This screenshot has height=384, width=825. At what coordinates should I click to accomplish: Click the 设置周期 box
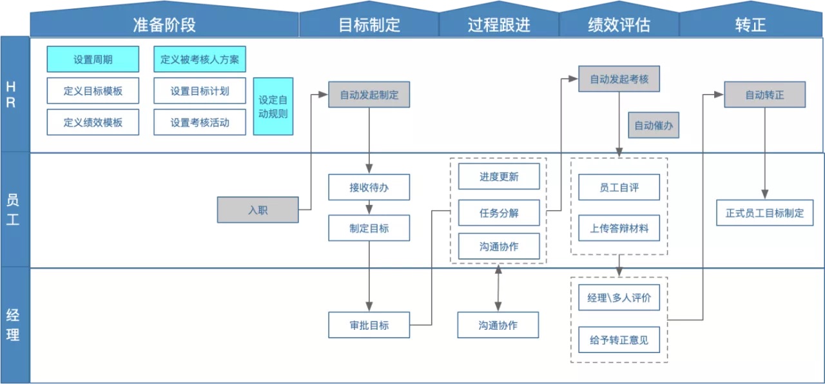(x=93, y=59)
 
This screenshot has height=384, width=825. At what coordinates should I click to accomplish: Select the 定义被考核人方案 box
(x=200, y=59)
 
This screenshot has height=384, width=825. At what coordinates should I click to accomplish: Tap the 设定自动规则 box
(x=273, y=107)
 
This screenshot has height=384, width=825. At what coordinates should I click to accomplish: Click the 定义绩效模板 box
(x=93, y=122)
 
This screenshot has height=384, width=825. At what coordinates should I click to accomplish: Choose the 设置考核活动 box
(x=200, y=122)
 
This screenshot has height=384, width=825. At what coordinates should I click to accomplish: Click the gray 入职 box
(x=257, y=210)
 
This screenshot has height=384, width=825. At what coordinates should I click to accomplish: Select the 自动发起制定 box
(x=369, y=95)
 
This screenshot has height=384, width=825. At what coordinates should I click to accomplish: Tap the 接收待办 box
(x=369, y=187)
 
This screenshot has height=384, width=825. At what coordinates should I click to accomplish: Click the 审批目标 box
(x=369, y=325)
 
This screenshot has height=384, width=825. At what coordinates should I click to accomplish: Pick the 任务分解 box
(x=499, y=213)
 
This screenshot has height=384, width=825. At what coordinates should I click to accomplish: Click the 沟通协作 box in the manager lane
(x=498, y=325)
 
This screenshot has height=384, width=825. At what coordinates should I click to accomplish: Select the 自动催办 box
(x=654, y=126)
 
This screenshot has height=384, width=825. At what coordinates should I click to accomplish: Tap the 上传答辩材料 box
(x=619, y=228)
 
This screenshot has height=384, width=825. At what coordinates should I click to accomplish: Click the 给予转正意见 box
(x=619, y=340)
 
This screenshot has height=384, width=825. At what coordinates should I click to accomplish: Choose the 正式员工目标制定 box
(x=764, y=213)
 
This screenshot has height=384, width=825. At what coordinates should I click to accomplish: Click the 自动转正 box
(x=764, y=95)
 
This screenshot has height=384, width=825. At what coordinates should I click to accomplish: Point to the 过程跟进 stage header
(x=499, y=24)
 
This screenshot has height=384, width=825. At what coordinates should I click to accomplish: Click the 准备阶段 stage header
(x=164, y=24)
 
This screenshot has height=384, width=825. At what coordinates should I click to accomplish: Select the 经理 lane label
(x=14, y=325)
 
